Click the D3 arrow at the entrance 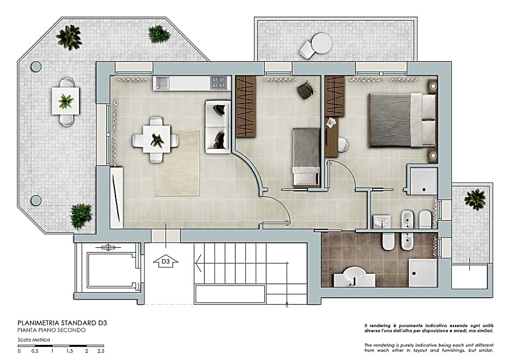[x=169, y=262]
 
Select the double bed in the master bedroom [x=401, y=120]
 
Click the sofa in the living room [x=218, y=126]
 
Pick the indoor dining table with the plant [x=156, y=140]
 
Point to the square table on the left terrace [x=66, y=101]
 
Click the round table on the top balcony [x=321, y=42]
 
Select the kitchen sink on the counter [x=163, y=83]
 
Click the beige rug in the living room [x=176, y=163]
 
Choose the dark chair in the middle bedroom [x=305, y=91]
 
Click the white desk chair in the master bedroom [x=342, y=144]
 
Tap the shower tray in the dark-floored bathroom [x=423, y=272]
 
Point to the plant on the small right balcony [x=475, y=199]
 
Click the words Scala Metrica [x=34, y=340]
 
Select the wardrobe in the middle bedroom [x=245, y=106]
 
